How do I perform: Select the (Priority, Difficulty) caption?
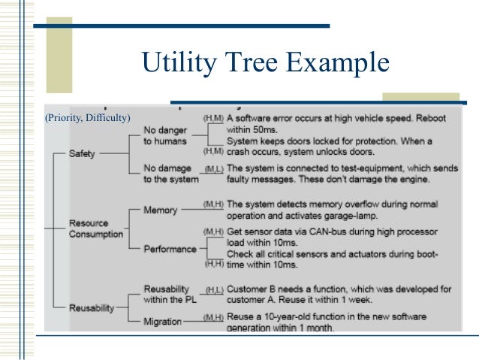[87, 117]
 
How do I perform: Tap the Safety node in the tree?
[82, 153]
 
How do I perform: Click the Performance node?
[170, 249]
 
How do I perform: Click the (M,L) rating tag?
[213, 169]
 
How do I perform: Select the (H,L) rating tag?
[214, 289]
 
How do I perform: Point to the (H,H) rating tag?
[214, 265]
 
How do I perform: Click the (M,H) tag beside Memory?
[213, 204]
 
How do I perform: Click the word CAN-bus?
[322, 231]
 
